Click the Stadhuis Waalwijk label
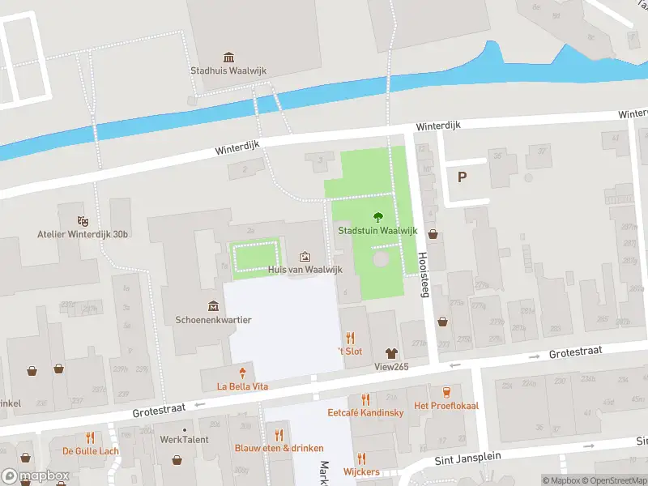pyautogui.click(x=228, y=70)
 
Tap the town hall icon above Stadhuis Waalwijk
pyautogui.click(x=228, y=57)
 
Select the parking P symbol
pyautogui.click(x=462, y=177)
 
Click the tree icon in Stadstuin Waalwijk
pyautogui.click(x=377, y=216)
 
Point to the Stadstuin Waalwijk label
pyautogui.click(x=377, y=230)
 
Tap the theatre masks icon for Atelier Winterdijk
pyautogui.click(x=82, y=220)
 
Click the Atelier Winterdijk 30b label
pyautogui.click(x=83, y=235)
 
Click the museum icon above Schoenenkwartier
pyautogui.click(x=213, y=305)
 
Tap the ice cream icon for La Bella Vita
pyautogui.click(x=242, y=373)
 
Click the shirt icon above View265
pyautogui.click(x=391, y=352)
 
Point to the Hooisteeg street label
pyautogui.click(x=423, y=274)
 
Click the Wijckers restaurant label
pyautogui.click(x=361, y=471)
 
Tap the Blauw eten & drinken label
pyautogui.click(x=279, y=448)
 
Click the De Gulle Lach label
pyautogui.click(x=91, y=451)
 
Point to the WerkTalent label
pyautogui.click(x=184, y=440)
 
